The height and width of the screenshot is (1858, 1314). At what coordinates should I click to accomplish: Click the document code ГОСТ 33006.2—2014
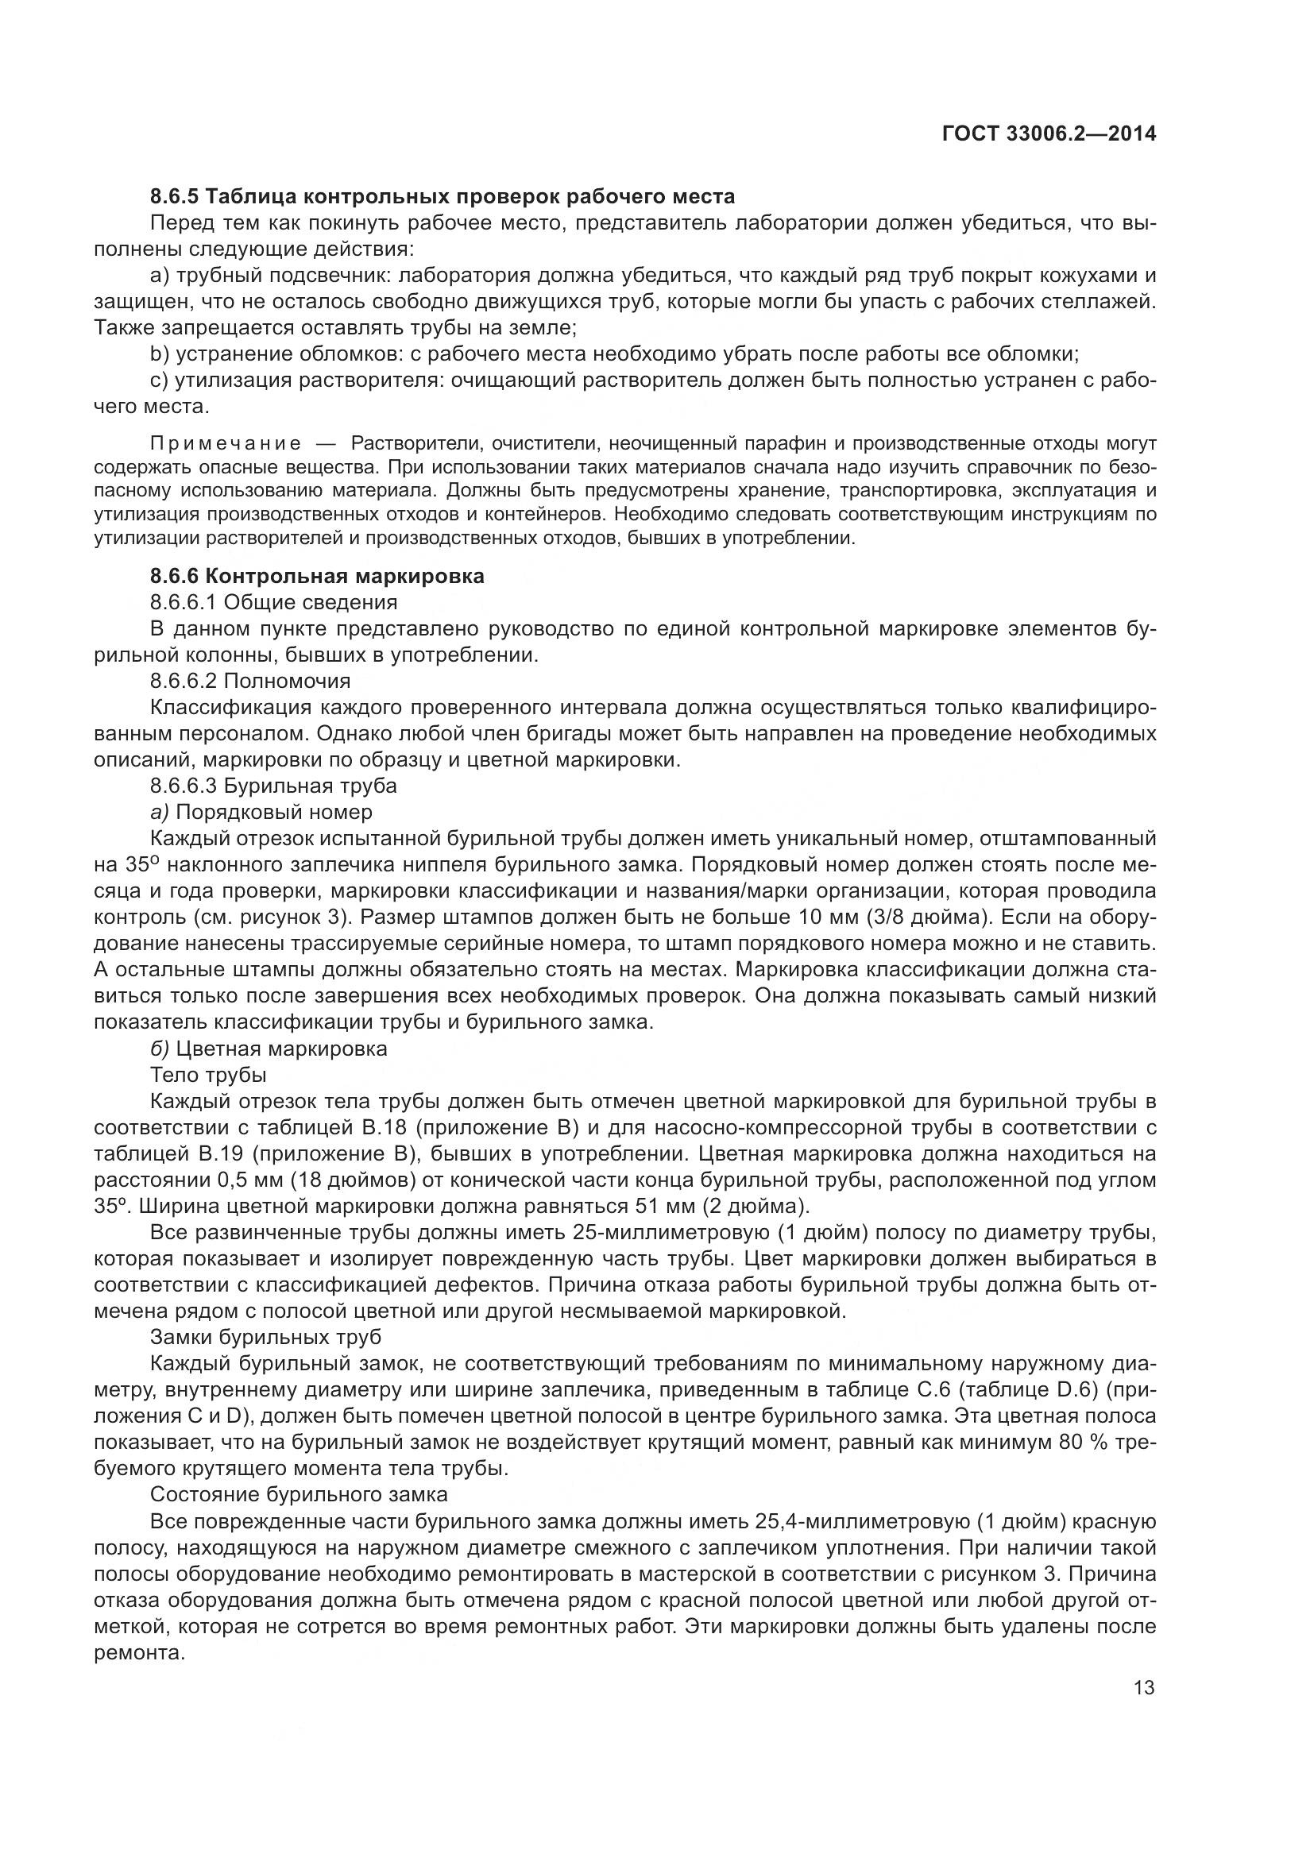1049,133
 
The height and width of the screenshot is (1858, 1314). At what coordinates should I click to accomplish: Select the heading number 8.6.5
174,197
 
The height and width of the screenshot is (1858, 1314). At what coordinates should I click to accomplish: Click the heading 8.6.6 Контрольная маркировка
317,576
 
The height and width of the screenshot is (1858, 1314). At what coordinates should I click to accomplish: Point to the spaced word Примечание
226,443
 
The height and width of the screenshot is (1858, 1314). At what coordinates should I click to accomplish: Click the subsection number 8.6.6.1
184,602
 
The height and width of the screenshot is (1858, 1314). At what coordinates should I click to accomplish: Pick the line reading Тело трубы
208,1075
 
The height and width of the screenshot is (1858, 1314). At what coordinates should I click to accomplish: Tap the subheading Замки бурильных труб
265,1337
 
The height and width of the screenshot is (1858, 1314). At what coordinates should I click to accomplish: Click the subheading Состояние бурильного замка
299,1494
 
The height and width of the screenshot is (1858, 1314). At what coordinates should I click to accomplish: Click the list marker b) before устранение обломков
160,353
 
